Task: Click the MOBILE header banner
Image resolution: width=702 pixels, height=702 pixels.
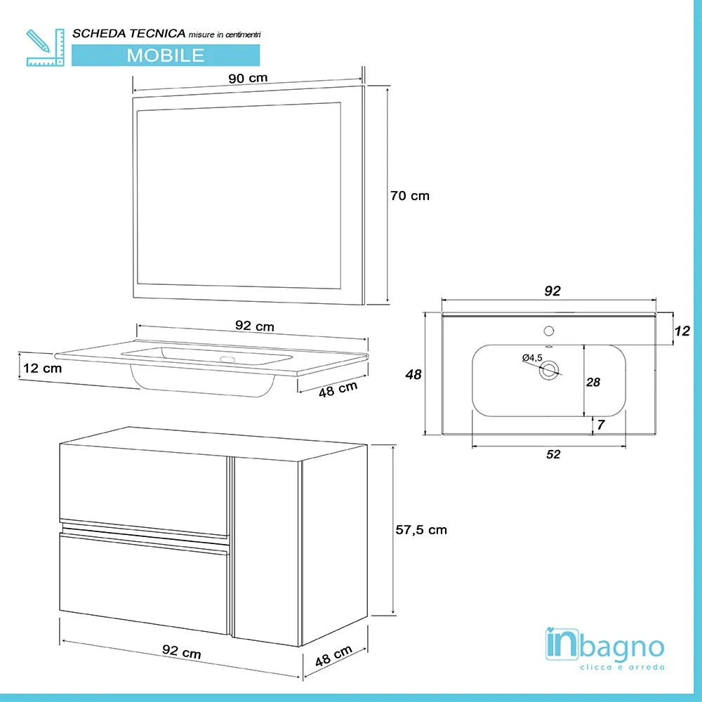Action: pos(166,55)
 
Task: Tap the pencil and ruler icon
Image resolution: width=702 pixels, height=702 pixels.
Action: pos(44,47)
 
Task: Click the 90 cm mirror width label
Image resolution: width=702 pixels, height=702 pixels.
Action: pos(248,78)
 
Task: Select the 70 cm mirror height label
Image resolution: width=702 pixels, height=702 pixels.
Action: pos(409,196)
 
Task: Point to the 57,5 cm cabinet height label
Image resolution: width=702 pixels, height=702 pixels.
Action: pos(420,529)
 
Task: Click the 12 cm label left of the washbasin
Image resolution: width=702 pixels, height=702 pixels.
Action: pos(41,368)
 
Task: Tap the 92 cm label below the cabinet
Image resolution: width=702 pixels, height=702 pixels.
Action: pos(182,652)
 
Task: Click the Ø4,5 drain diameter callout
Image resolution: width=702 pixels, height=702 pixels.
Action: pos(532,358)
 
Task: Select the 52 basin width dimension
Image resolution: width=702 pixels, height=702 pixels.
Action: pos(553,454)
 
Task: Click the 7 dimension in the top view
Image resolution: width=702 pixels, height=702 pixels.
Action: pos(601,425)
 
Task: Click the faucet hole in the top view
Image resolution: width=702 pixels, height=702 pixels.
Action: pos(549,330)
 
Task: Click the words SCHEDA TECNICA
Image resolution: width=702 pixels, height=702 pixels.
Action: pos(129,33)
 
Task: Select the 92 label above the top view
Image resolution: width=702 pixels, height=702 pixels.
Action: pos(552,291)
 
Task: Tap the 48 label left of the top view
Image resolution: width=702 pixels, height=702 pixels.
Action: pos(414,375)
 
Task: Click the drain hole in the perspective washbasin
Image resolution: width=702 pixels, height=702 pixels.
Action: pos(227,360)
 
